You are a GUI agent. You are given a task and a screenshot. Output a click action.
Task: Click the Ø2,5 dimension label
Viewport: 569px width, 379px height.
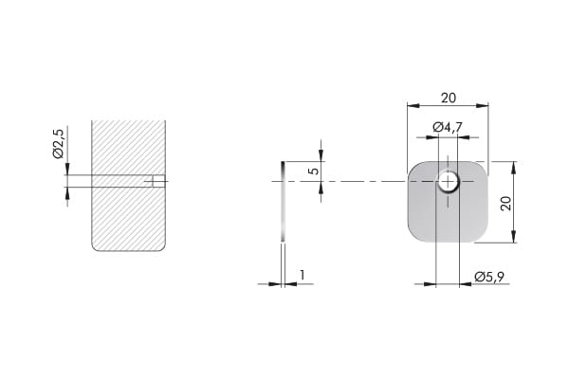point(59,143)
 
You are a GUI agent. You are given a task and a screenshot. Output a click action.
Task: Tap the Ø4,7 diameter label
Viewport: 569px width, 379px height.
point(448,127)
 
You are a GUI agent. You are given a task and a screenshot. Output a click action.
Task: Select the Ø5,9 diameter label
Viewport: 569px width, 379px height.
point(489,277)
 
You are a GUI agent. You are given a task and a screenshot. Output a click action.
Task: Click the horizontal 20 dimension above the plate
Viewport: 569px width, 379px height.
point(449,98)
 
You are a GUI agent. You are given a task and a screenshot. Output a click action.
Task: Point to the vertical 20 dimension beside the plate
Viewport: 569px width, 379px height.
point(505,203)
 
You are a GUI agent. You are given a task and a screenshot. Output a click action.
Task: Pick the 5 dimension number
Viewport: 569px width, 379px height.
point(315,171)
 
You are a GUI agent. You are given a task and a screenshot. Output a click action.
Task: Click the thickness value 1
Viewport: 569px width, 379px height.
point(302,276)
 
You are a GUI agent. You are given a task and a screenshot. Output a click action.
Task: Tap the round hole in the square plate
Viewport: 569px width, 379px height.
point(449,181)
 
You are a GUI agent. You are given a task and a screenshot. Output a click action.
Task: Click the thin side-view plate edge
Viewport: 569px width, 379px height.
point(283,201)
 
